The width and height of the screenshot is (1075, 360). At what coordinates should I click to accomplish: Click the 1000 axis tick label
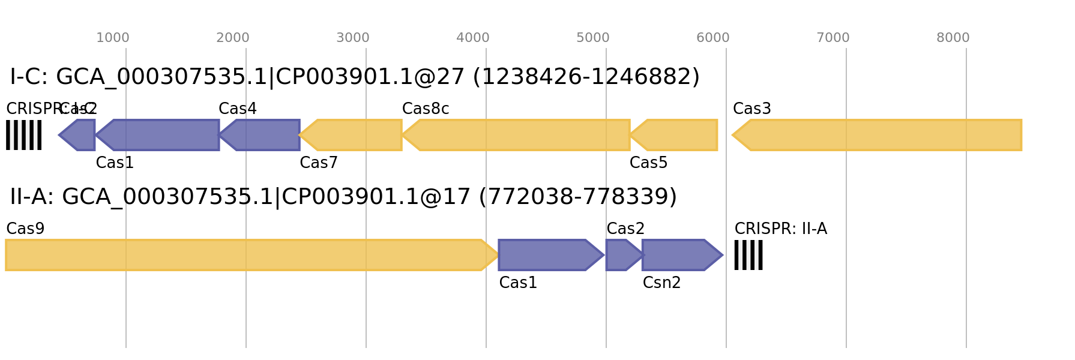tap(113, 38)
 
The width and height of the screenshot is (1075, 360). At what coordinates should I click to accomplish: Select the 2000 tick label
tap(233, 38)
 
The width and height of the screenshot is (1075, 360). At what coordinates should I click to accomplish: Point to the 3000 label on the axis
tap(353, 38)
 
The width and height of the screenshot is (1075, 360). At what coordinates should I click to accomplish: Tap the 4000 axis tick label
tap(473, 38)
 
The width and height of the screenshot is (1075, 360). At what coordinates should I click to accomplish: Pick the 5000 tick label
tap(593, 38)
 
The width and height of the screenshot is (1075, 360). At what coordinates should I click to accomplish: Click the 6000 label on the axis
tap(713, 38)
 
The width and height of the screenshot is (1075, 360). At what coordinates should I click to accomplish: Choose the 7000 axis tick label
tap(833, 38)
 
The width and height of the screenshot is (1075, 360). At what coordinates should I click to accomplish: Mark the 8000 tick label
tap(953, 38)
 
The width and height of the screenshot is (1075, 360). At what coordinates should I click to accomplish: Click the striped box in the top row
tap(24, 135)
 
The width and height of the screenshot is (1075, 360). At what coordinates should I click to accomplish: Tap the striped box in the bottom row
tap(748, 255)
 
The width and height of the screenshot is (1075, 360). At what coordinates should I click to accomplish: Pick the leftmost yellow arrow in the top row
tap(352, 135)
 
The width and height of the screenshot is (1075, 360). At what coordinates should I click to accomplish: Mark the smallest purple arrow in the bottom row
tap(622, 255)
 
